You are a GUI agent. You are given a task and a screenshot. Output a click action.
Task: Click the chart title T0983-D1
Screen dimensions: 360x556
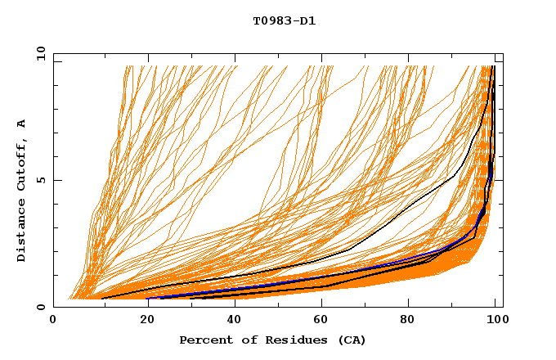[x=284, y=20]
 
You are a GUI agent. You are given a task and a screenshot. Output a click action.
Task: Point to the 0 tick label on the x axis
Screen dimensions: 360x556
[x=53, y=320]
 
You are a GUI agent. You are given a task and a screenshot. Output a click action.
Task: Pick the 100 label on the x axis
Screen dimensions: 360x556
[x=496, y=320]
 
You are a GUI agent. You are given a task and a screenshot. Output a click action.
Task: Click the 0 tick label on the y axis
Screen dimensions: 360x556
[x=40, y=307]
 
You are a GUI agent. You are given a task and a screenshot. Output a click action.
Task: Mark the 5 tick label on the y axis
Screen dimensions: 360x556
[x=40, y=180]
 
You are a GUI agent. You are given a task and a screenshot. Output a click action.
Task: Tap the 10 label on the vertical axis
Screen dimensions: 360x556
[x=38, y=53]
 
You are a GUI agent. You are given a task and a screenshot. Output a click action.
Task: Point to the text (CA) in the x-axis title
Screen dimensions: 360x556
[x=352, y=340]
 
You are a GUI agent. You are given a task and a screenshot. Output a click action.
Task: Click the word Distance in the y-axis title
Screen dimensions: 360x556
[x=21, y=232]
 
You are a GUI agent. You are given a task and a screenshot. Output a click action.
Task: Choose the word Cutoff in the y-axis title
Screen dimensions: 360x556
[x=21, y=166]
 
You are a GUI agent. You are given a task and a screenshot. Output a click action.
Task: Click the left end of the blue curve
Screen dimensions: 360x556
[x=147, y=299]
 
